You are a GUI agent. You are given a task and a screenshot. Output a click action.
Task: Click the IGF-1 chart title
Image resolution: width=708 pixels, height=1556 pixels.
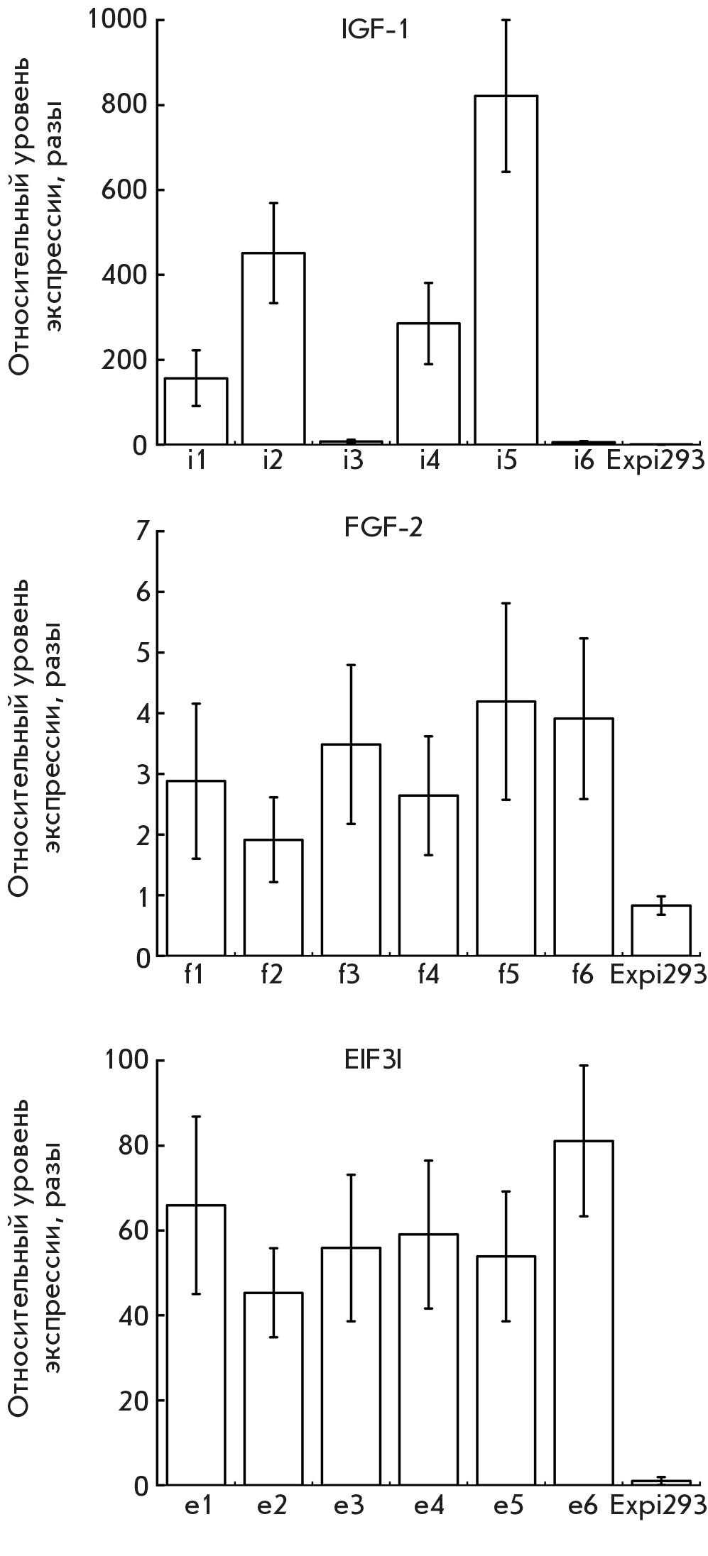coord(374,31)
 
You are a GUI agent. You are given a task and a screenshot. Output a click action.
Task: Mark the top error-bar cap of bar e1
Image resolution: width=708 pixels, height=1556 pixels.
coord(196,1117)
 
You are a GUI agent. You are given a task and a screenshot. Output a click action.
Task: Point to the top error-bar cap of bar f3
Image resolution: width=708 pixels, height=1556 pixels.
coord(351,665)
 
